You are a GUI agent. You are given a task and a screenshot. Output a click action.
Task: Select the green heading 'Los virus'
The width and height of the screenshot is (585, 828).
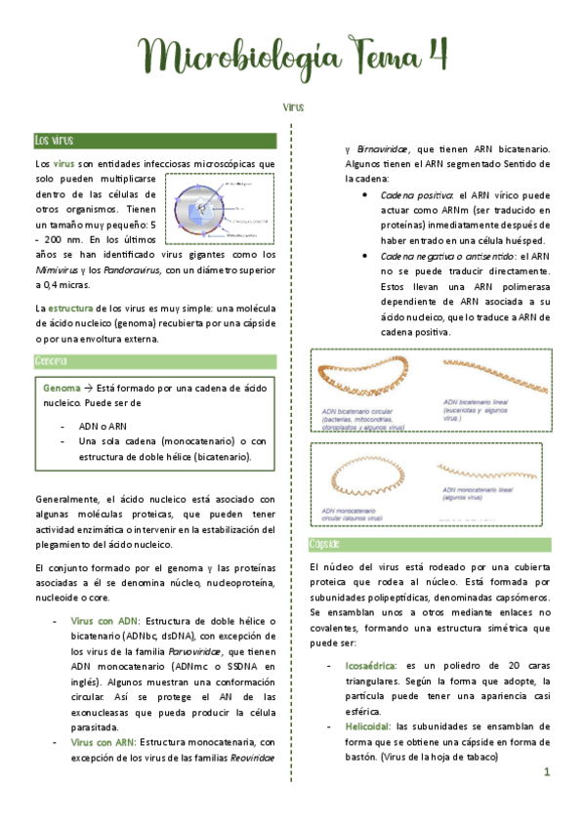coord(54,142)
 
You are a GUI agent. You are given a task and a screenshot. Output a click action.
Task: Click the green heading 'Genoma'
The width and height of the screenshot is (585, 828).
coord(51,361)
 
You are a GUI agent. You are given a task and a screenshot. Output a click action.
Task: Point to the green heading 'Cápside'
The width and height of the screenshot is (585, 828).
coord(324,545)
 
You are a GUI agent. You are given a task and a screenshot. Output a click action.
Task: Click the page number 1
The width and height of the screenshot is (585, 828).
coord(547,772)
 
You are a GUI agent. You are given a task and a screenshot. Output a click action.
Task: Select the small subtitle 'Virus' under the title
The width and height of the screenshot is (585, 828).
coord(293,104)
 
